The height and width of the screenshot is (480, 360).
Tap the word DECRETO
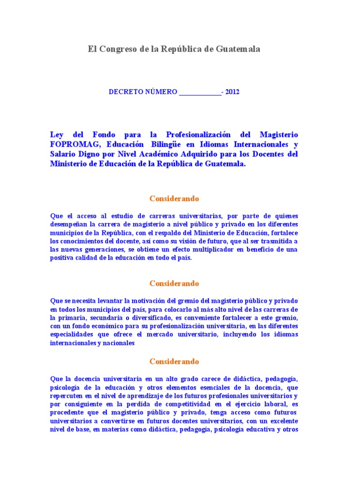[x=126, y=92]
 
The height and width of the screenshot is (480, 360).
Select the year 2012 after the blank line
[x=232, y=92]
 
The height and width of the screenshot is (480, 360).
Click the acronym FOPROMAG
[x=71, y=144]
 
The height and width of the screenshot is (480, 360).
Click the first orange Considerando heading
[x=174, y=198]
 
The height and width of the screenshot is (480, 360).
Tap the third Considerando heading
[x=174, y=361]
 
